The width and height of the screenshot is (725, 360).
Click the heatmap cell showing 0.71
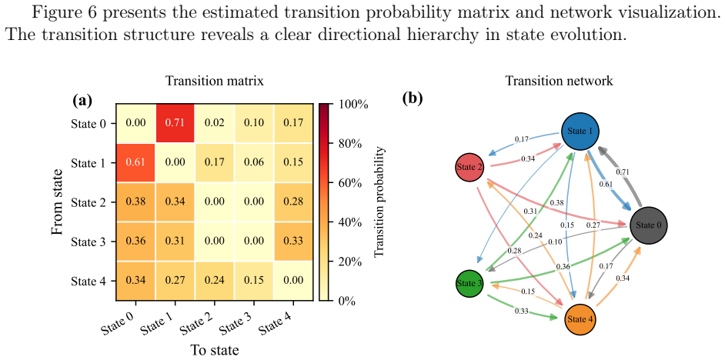(x=175, y=123)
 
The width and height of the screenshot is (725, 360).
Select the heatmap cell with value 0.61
(x=135, y=162)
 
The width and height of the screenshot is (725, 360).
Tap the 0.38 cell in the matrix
(x=135, y=202)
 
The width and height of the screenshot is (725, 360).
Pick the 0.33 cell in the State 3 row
(x=294, y=242)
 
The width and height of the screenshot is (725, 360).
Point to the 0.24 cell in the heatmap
(x=215, y=281)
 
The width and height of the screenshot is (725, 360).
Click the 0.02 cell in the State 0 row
(x=215, y=123)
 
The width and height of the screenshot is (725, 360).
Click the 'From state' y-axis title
(x=58, y=202)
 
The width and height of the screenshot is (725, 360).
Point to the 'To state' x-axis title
(x=215, y=350)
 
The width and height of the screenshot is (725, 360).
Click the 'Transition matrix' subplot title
(x=215, y=82)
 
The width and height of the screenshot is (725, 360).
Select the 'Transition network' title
(x=559, y=82)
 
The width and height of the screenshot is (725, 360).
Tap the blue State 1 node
(x=580, y=132)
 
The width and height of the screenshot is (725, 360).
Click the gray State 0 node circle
(x=648, y=225)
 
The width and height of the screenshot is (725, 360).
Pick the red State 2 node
(x=469, y=167)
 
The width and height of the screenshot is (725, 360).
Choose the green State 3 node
(x=469, y=283)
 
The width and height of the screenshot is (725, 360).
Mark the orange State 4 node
(x=580, y=319)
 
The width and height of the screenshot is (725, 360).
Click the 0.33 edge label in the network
(x=521, y=311)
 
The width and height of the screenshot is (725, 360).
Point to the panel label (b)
(x=413, y=99)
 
